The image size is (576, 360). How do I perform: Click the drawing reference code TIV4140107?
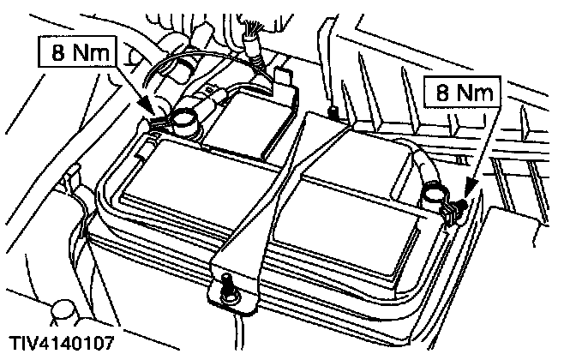pyautogui.click(x=62, y=345)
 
